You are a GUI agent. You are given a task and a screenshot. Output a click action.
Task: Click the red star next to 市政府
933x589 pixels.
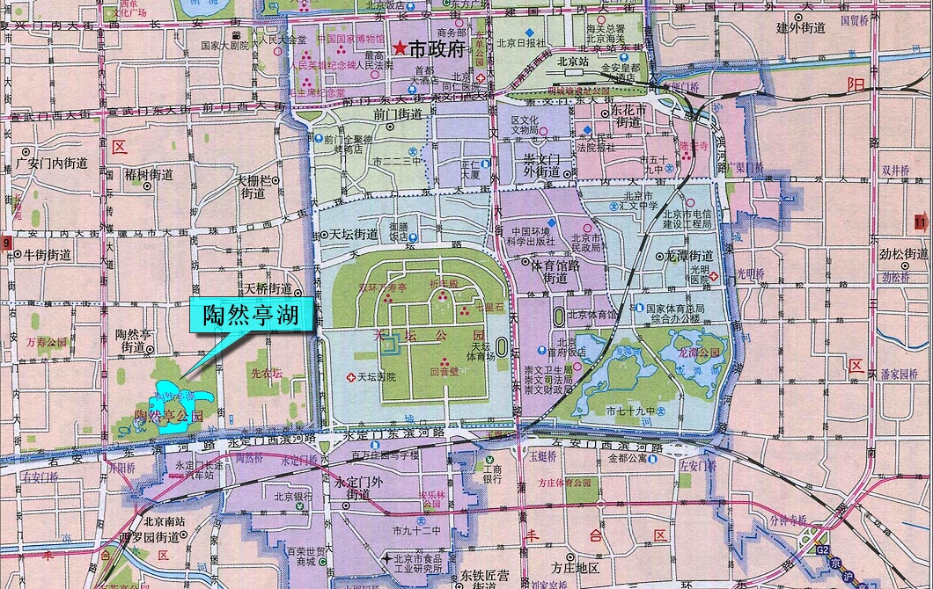click(401, 49)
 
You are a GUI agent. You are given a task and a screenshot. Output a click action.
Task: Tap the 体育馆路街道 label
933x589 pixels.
click(555, 270)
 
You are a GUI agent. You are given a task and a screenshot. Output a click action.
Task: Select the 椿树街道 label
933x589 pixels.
click(149, 175)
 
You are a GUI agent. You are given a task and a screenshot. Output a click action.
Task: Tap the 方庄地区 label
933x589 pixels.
click(575, 568)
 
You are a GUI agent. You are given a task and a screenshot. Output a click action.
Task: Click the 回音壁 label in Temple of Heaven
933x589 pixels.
click(444, 372)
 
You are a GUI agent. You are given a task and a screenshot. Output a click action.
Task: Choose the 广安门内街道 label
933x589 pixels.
click(52, 163)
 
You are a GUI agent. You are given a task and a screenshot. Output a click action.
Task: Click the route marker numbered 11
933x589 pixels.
click(921, 221)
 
